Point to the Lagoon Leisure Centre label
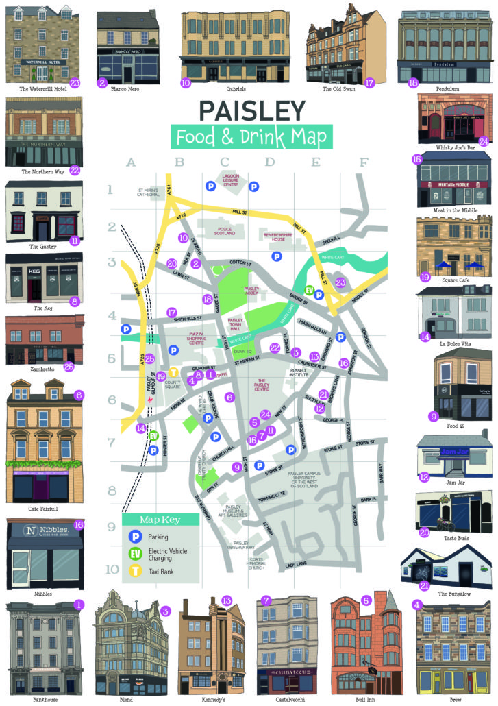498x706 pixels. [231, 181]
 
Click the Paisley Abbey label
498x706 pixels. [251, 293]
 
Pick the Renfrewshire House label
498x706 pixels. [268, 236]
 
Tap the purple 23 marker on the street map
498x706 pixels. [340, 282]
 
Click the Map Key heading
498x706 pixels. [160, 519]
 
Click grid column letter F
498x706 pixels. [363, 162]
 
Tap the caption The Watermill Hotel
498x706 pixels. [42, 89]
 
